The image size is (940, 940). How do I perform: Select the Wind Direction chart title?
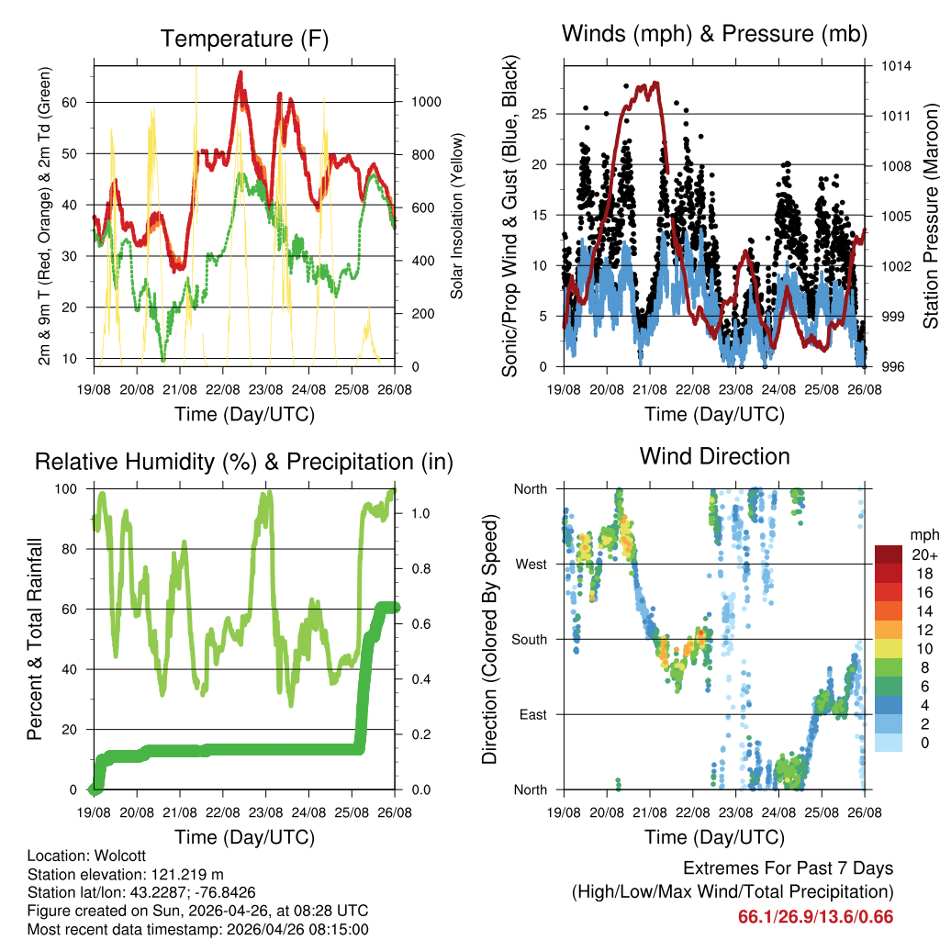tap(714, 456)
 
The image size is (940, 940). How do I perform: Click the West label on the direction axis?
tap(530, 564)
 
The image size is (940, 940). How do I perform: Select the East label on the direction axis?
tap(532, 714)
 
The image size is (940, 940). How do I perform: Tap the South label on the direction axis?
tap(529, 639)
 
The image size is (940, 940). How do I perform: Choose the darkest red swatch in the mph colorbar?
tap(890, 554)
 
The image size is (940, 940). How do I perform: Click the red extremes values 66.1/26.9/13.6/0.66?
tap(815, 917)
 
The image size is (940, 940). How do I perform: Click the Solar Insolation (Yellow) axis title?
tap(456, 217)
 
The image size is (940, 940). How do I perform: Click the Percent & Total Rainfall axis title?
tap(34, 639)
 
